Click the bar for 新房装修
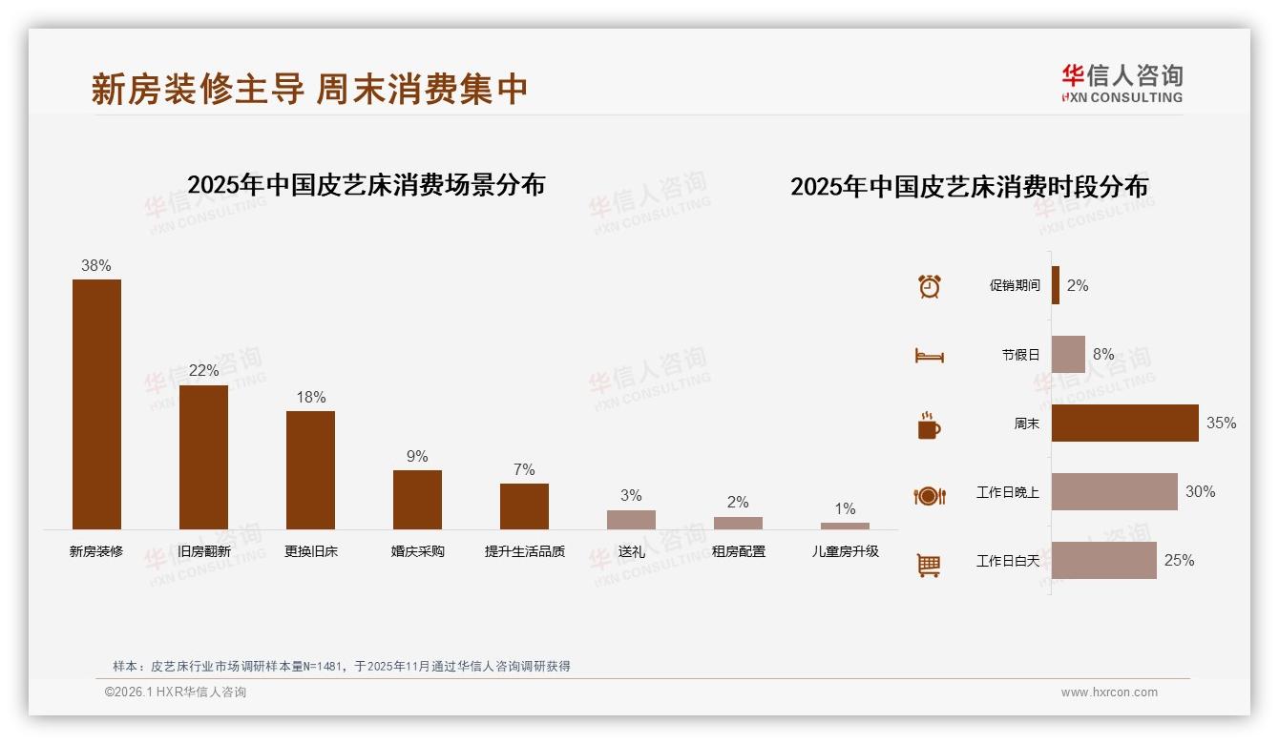[x=96, y=403]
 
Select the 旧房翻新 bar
[x=203, y=457]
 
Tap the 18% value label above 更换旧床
[x=311, y=397]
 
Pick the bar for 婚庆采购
[x=417, y=499]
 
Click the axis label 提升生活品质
[x=524, y=551]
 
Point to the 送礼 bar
[x=631, y=519]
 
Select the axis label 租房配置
[x=738, y=551]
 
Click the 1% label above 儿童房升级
[x=845, y=508]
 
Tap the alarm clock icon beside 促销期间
[x=930, y=286]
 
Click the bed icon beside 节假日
[x=930, y=356]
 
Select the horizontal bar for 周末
[x=1124, y=423]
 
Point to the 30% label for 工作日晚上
[x=1200, y=491]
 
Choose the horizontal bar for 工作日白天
[x=1103, y=560]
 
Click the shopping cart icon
[x=929, y=565]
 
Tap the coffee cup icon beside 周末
[x=929, y=425]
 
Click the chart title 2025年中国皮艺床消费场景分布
[x=366, y=184]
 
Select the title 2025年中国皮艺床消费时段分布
[x=969, y=186]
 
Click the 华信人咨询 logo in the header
[x=1122, y=83]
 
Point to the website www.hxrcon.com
[x=1109, y=692]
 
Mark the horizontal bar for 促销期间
[x=1056, y=285]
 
